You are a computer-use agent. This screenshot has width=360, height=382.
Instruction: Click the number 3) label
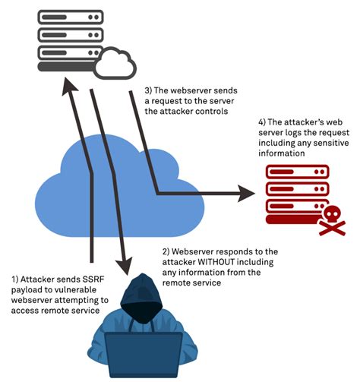pos(150,90)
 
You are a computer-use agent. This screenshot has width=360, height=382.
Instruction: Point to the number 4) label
pos(242,122)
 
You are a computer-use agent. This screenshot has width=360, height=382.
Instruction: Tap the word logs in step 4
pos(279,134)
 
